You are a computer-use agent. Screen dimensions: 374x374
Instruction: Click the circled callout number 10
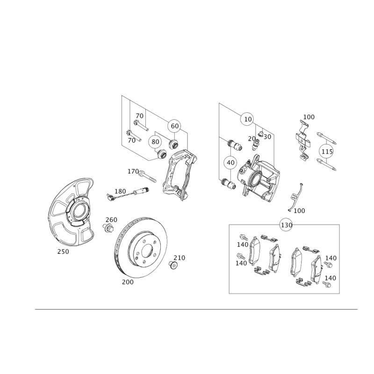pyautogui.click(x=248, y=119)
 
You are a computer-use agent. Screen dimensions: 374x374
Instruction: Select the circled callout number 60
pyautogui.click(x=175, y=126)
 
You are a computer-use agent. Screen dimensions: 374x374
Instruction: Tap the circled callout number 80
pyautogui.click(x=155, y=142)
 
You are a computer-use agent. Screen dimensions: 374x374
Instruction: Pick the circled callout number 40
pyautogui.click(x=230, y=163)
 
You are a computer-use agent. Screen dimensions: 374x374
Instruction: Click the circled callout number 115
pyautogui.click(x=327, y=151)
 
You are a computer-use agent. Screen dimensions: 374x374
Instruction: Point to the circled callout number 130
pyautogui.click(x=287, y=225)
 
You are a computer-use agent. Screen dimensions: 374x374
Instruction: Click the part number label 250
pyautogui.click(x=63, y=252)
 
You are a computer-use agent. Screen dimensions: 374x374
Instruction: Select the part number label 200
pyautogui.click(x=128, y=282)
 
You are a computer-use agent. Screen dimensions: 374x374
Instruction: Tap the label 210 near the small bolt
pyautogui.click(x=180, y=258)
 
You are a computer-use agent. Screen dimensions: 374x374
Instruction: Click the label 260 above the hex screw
pyautogui.click(x=111, y=220)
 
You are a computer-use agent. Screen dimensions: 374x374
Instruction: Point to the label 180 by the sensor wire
pyautogui.click(x=120, y=191)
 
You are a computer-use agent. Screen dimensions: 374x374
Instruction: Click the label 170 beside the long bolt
pyautogui.click(x=133, y=171)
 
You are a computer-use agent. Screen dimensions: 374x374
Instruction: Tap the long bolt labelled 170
pyautogui.click(x=147, y=176)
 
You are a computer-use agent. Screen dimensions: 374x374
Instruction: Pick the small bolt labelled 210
pyautogui.click(x=173, y=265)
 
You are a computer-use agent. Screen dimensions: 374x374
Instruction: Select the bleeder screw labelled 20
pyautogui.click(x=256, y=144)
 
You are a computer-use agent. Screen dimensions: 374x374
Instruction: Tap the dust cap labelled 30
pyautogui.click(x=261, y=134)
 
